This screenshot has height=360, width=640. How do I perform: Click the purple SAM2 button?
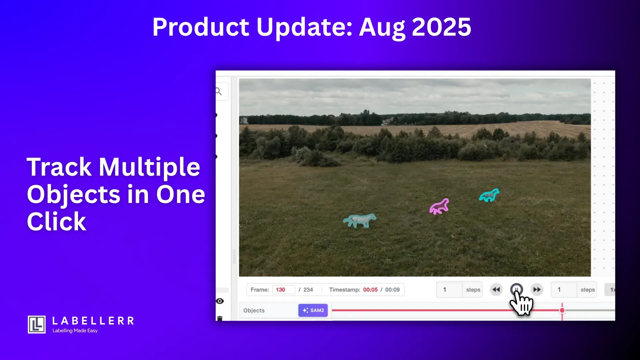click(313, 310)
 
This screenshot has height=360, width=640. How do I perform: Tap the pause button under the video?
click(516, 289)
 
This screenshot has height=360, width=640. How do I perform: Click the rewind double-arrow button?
click(496, 290)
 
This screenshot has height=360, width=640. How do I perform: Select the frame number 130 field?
click(283, 290)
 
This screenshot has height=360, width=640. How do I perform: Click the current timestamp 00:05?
click(370, 290)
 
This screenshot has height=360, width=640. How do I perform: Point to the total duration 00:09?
click(392, 290)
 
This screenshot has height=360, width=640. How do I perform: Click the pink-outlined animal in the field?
click(439, 207)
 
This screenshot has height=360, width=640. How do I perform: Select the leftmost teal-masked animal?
click(359, 221)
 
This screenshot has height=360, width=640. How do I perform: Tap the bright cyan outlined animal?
click(489, 195)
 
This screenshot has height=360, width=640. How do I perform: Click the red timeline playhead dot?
click(562, 310)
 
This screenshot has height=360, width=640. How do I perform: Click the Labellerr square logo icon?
click(37, 325)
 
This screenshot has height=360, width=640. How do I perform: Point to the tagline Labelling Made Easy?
click(75, 331)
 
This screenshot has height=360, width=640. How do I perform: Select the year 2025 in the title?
click(442, 27)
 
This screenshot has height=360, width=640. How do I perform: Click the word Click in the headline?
click(57, 221)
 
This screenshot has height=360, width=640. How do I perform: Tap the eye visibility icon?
click(220, 301)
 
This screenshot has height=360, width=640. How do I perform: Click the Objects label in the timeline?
click(254, 310)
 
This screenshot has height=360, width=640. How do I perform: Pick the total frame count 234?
click(308, 290)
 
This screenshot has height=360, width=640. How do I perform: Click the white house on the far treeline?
click(244, 120)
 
